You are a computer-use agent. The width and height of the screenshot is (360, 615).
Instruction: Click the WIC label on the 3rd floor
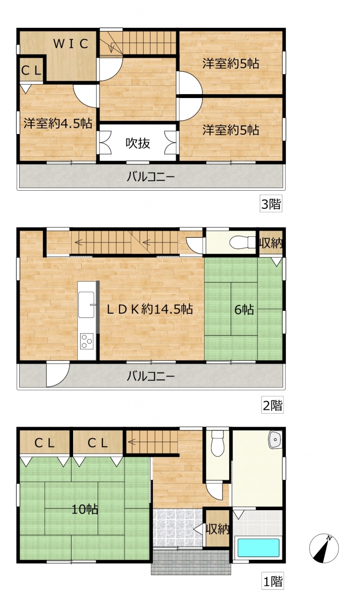(71, 44)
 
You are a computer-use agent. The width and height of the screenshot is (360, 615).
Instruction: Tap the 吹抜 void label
(138, 143)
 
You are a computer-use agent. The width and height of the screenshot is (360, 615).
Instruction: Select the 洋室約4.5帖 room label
(58, 123)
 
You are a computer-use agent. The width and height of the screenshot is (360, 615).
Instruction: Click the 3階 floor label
(271, 204)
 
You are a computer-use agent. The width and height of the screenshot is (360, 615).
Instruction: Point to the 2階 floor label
(272, 405)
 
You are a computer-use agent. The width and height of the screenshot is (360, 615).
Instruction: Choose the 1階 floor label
(273, 581)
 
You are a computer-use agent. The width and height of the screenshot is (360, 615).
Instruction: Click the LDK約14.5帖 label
(149, 309)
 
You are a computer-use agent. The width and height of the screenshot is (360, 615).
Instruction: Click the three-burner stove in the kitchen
(87, 341)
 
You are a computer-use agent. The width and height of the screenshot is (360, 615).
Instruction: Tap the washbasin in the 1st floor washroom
(275, 440)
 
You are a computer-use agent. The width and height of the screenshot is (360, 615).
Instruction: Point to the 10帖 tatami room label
(85, 510)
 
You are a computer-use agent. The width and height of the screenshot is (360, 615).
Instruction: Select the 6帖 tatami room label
(244, 309)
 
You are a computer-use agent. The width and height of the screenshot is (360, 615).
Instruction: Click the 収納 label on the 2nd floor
(271, 243)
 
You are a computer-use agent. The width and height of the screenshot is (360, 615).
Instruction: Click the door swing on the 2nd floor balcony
(58, 375)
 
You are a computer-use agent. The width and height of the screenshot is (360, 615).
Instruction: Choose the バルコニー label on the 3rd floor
(150, 176)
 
